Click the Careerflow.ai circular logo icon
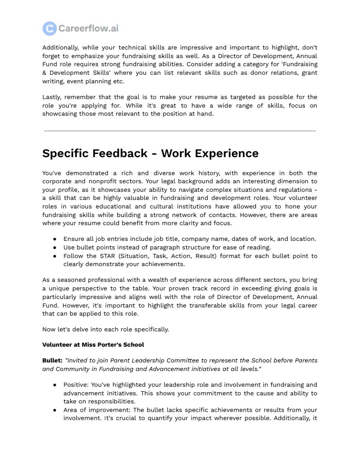point(49,28)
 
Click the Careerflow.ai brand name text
point(88,28)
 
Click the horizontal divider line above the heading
point(180,131)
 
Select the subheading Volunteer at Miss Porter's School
point(93,345)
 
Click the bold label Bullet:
point(52,361)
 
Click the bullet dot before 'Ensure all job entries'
point(54,239)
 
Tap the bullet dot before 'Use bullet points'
point(54,248)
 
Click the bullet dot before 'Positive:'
point(54,385)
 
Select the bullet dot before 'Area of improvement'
point(54,410)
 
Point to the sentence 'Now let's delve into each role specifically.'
point(105,329)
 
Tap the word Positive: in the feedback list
point(77,385)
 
